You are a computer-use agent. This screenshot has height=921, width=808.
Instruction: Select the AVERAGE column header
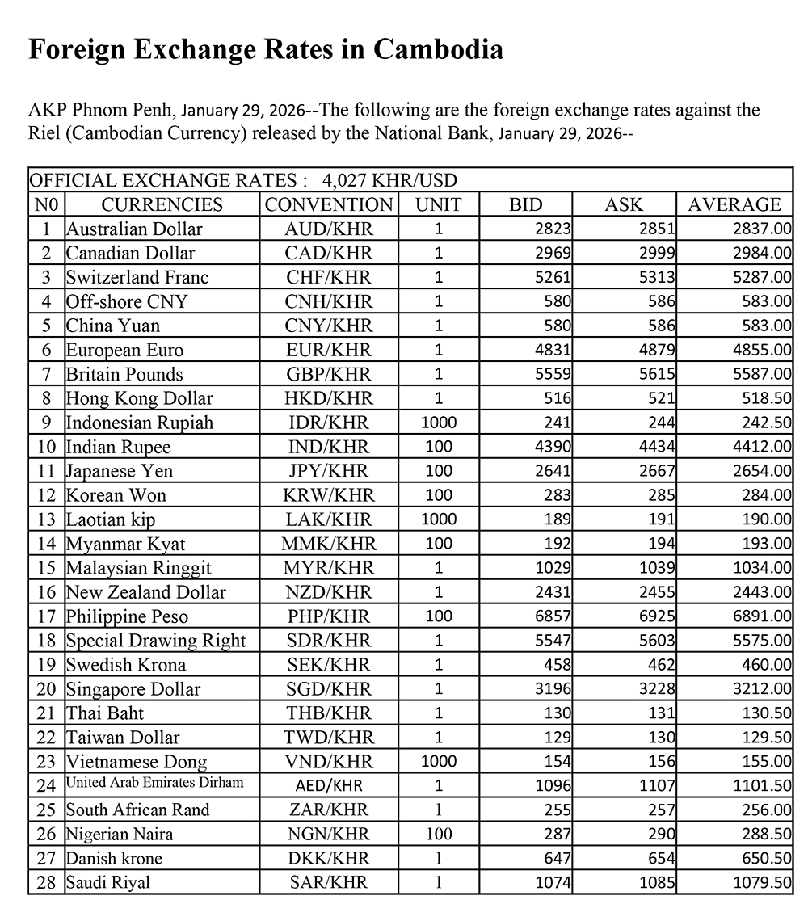pos(734,204)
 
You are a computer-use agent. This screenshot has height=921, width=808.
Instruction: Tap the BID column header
pos(526,204)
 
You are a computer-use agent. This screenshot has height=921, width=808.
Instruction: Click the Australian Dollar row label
pos(134,229)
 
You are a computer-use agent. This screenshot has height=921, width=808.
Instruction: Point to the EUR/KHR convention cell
pos(329,350)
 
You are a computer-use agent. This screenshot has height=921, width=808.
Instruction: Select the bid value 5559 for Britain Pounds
pos(553,374)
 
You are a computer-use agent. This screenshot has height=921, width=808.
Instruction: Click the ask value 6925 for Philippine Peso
pos(656,616)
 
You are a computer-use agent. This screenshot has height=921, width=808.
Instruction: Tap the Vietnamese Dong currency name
pos(137,762)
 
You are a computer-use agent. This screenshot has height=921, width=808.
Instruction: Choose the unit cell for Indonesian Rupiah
pos(439,423)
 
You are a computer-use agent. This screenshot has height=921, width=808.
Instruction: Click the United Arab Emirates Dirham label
pos(154,783)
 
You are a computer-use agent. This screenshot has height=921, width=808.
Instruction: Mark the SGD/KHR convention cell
pos(329,689)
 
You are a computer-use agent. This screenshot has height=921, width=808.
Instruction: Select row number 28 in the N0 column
pos(47,882)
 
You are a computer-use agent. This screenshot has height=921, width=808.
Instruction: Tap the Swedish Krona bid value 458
pos(558,665)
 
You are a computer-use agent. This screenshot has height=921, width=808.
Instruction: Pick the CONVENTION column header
pos(329,204)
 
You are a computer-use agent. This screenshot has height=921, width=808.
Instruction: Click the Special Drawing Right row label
pos(156,641)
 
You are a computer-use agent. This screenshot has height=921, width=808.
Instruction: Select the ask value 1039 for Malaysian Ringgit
pos(656,568)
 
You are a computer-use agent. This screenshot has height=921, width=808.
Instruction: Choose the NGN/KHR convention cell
pos(329,834)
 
